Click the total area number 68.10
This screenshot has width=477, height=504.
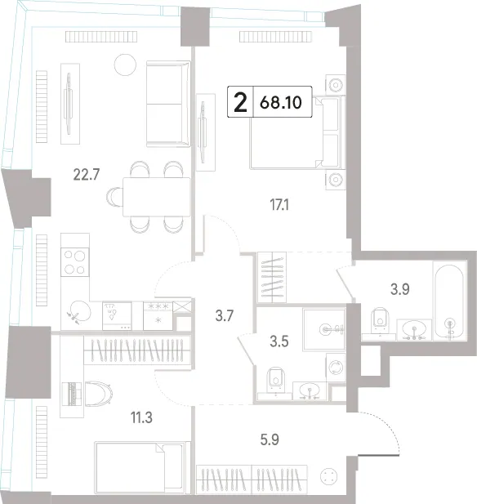pos(281,103)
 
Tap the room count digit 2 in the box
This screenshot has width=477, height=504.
pos(240,103)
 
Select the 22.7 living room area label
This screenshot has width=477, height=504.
pos(87,175)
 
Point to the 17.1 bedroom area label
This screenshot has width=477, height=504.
pos(279,204)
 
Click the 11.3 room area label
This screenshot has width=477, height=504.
pos(141,417)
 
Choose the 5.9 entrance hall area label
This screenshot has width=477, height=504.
pos(270,439)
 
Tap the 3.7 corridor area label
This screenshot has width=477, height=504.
pos(224,315)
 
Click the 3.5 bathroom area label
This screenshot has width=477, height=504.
pos(279,341)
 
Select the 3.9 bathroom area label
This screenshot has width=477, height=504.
pos(400,289)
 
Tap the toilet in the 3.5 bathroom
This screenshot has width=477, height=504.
pos(276,381)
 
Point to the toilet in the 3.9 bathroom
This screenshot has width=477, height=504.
pos(380,321)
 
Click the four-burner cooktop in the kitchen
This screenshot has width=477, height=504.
pos(75,262)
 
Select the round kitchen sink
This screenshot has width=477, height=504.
pos(80,311)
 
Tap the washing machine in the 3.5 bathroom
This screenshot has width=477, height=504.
pos(336,367)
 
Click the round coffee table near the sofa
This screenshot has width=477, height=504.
pos(125,65)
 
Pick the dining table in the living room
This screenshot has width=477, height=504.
pos(157,197)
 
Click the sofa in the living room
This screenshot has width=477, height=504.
pos(168,104)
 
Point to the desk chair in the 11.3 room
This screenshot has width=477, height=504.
pos(99,394)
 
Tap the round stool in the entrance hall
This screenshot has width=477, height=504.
pos(329,476)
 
